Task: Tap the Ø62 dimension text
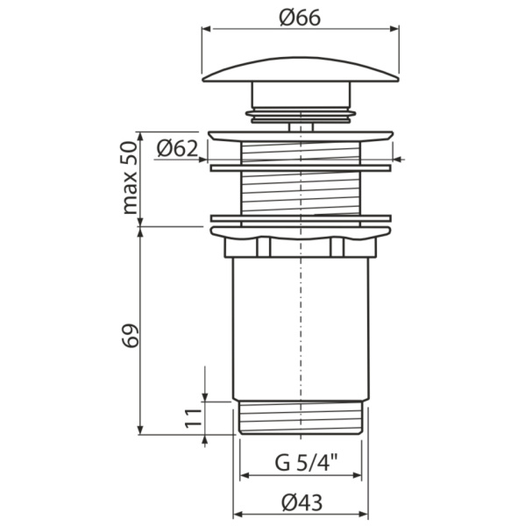click(178, 148)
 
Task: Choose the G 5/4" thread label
click(301, 462)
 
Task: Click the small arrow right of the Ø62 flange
click(398, 160)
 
